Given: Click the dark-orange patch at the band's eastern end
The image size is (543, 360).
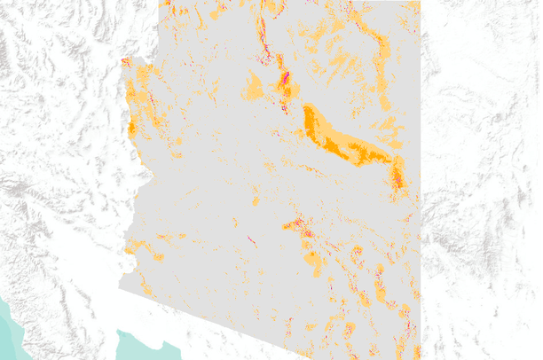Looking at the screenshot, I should pyautogui.click(x=397, y=174).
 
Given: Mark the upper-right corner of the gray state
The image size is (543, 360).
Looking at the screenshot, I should pyautogui.click(x=419, y=3).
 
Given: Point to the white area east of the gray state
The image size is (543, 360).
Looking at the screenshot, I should pyautogui.click(x=479, y=177).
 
